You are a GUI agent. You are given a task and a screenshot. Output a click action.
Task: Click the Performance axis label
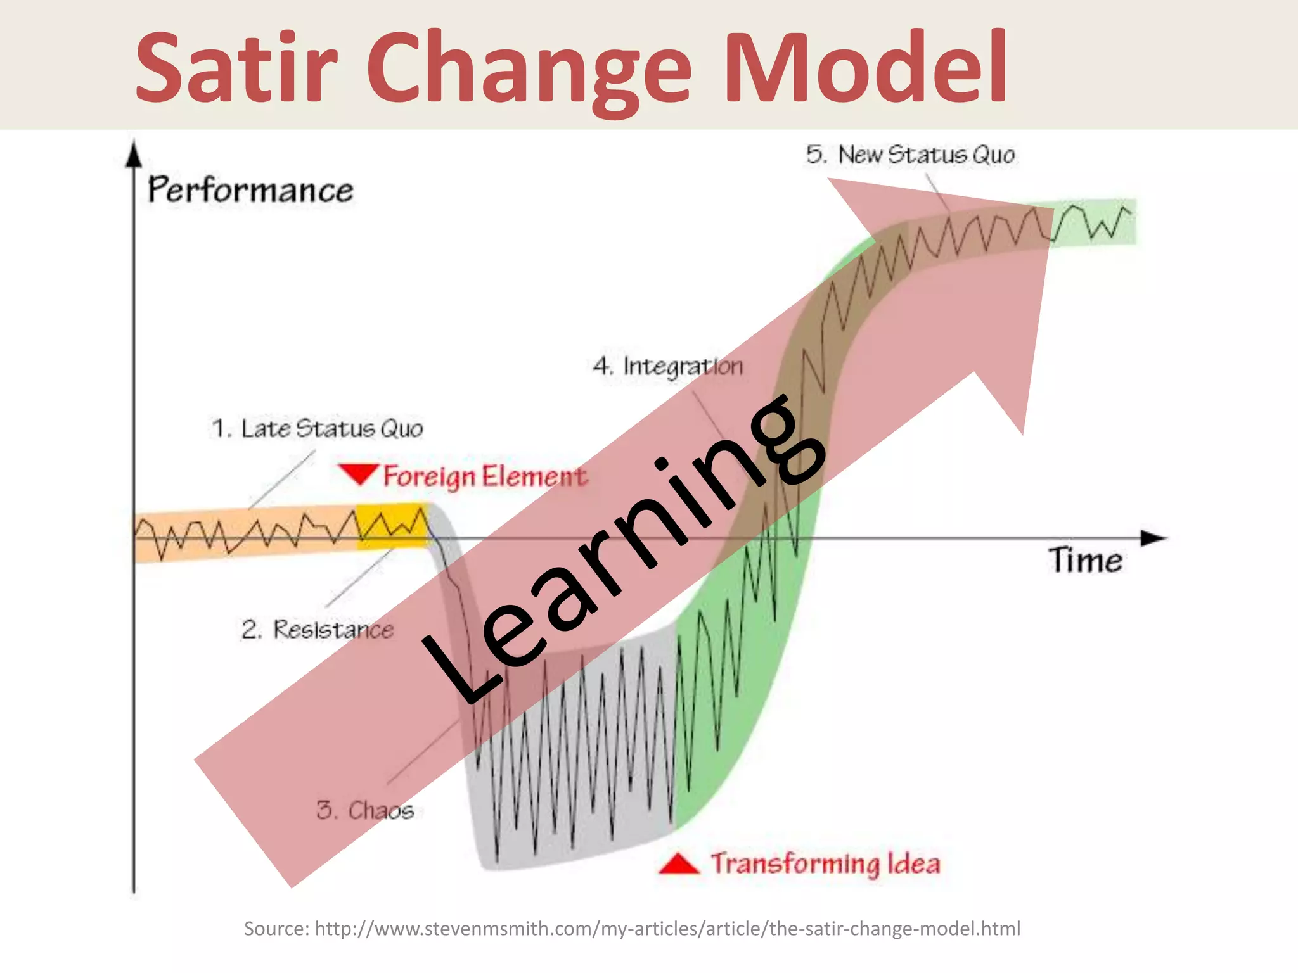250,190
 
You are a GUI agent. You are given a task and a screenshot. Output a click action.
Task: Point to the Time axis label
1085,561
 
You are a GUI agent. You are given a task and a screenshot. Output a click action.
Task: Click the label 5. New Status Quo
910,155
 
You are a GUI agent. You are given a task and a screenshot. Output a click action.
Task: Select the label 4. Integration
668,366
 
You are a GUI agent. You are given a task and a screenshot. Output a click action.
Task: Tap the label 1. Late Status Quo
317,429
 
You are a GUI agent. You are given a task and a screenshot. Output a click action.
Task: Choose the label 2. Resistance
317,630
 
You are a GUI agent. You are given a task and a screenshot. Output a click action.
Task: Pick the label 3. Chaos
365,810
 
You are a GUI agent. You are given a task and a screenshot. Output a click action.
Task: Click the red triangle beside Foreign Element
359,473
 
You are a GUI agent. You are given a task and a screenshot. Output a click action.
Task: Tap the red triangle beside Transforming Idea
679,864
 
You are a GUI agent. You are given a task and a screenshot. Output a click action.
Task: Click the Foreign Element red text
485,476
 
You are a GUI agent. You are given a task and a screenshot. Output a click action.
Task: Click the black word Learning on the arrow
624,548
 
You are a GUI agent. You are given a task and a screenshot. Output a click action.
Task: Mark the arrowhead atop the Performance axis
134,154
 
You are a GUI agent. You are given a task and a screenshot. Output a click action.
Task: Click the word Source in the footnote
276,929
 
